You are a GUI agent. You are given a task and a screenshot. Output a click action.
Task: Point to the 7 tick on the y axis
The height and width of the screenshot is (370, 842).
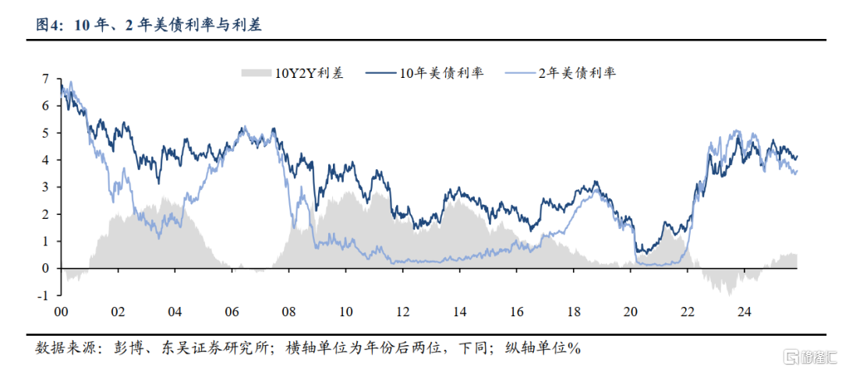pyautogui.click(x=46, y=79)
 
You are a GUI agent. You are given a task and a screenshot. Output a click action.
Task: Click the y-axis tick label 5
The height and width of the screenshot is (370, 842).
pyautogui.click(x=46, y=133)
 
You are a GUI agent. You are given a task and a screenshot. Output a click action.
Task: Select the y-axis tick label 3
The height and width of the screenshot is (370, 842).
pyautogui.click(x=46, y=187)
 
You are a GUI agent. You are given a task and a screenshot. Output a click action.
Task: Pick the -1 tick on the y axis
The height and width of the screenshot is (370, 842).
pyautogui.click(x=44, y=295)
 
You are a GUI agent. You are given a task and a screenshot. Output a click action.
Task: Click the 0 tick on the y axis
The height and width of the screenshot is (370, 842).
pyautogui.click(x=46, y=268)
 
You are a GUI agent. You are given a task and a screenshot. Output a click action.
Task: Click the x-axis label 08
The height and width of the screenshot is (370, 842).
pyautogui.click(x=288, y=312)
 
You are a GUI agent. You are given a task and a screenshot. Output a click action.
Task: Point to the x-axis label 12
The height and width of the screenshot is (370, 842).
pyautogui.click(x=402, y=312)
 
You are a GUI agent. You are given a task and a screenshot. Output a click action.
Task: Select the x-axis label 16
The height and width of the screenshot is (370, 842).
pyautogui.click(x=516, y=312)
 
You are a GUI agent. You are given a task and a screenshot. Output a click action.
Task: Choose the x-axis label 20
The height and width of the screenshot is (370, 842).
pyautogui.click(x=630, y=312)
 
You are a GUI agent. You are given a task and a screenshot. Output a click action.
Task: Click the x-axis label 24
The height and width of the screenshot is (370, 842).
pyautogui.click(x=744, y=312)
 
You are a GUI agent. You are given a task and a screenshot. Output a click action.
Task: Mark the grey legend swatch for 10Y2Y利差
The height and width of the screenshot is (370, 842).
pyautogui.click(x=255, y=73)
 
